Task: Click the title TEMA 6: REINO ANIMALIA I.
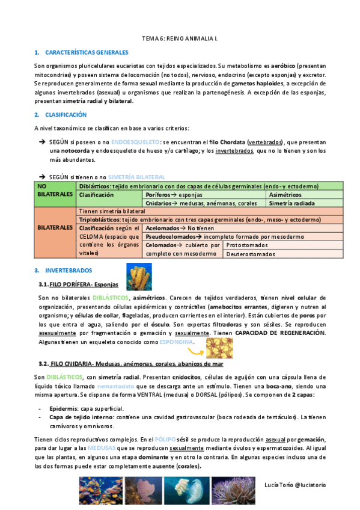tap(180, 38)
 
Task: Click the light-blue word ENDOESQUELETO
tap(136, 141)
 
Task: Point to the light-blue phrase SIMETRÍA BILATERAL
tap(136, 177)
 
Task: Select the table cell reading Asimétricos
tap(286, 195)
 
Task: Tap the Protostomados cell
tap(248, 245)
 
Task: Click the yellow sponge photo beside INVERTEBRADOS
tap(139, 275)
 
